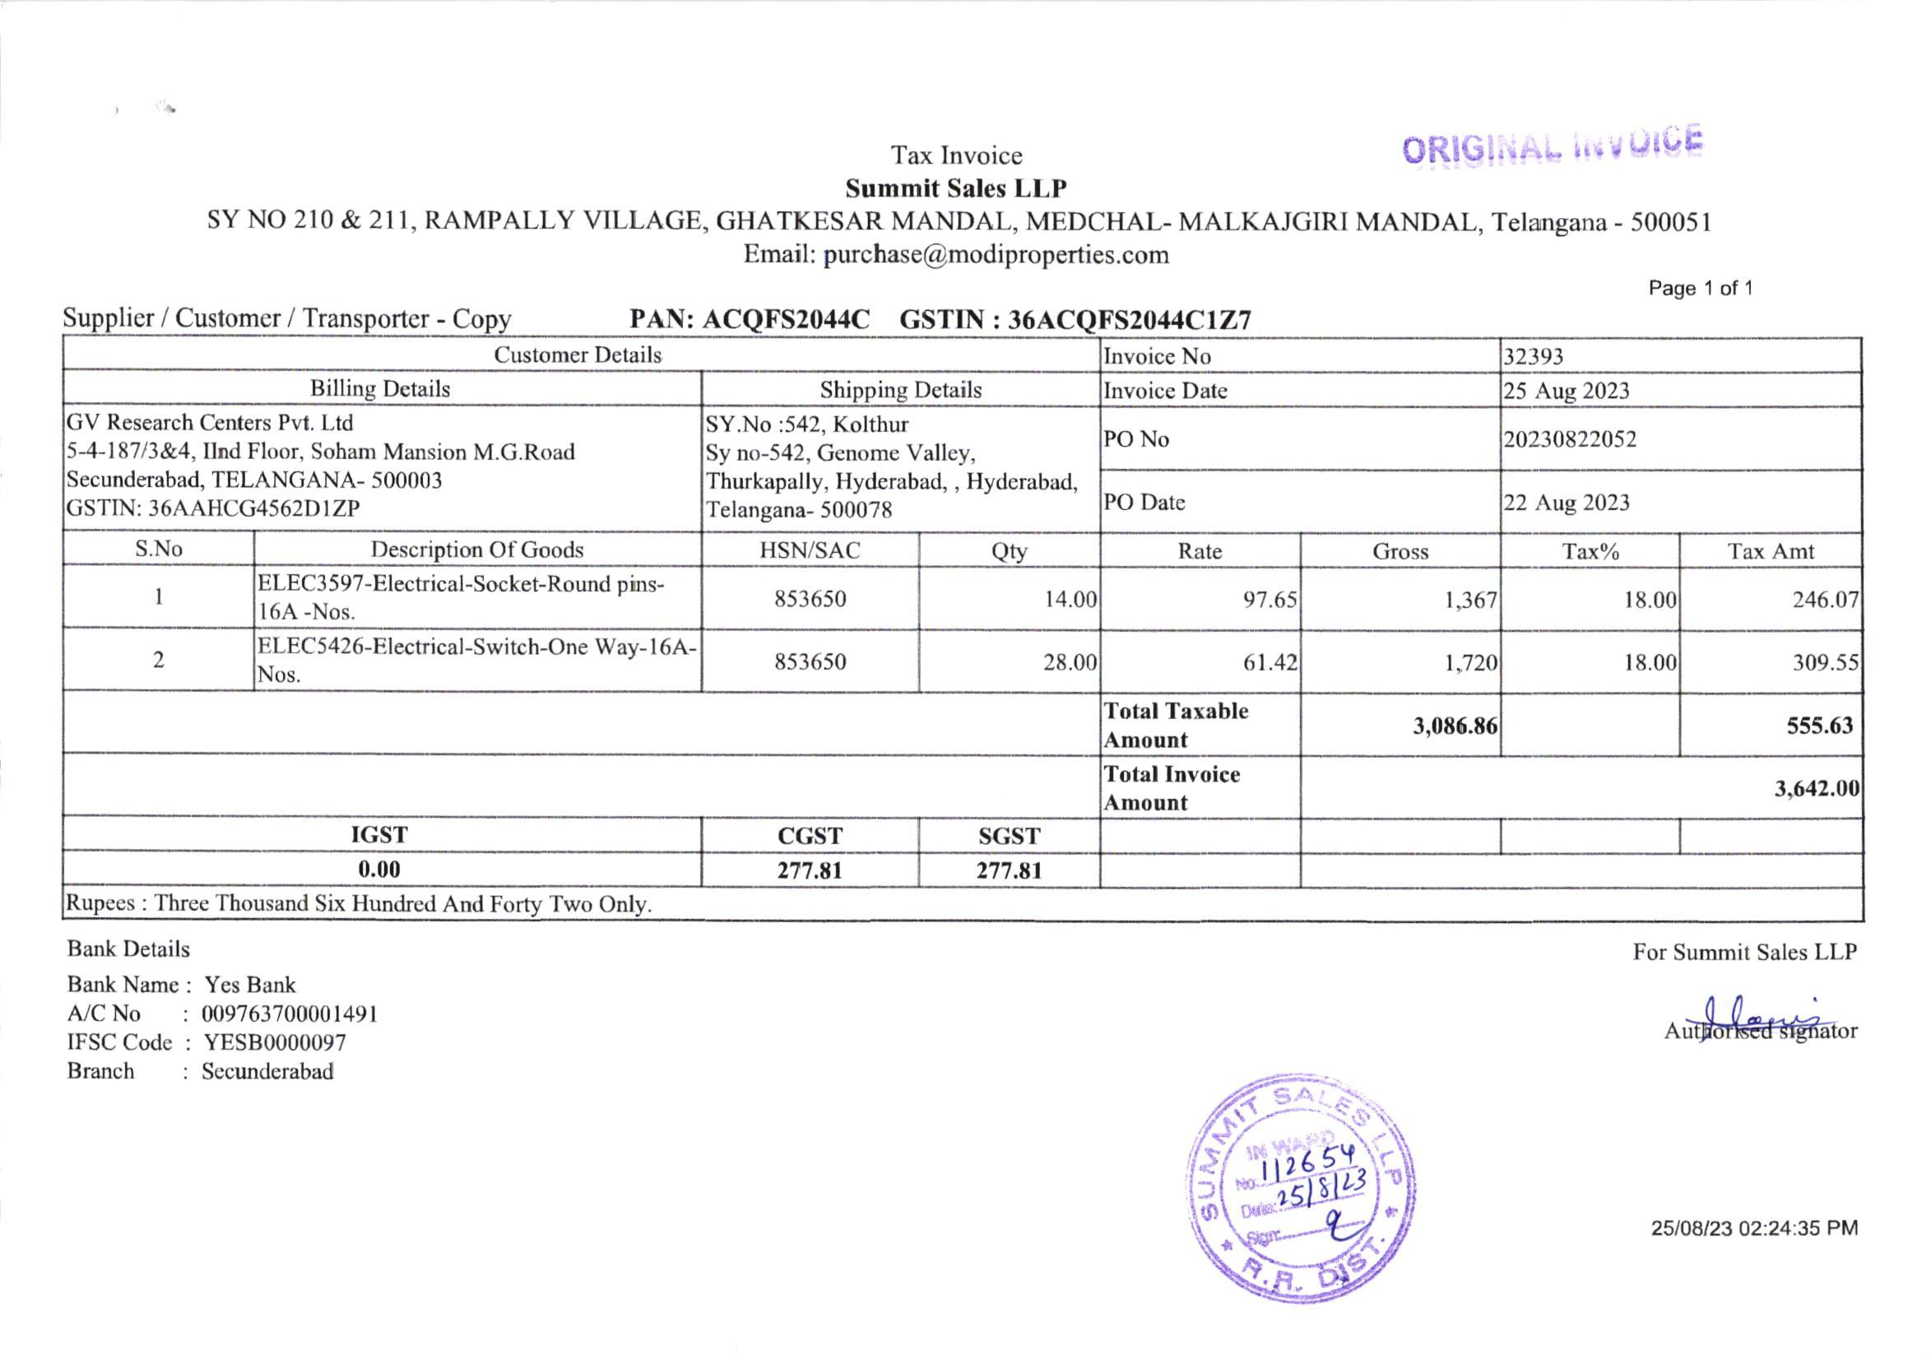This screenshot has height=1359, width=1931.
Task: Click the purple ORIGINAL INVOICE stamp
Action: [1552, 146]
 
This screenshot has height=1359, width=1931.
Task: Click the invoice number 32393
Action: [1533, 356]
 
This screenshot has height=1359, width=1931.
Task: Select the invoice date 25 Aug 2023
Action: [1566, 391]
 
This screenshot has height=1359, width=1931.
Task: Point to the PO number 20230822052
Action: [1569, 440]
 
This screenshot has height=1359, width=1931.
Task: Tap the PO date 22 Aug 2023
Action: [1566, 503]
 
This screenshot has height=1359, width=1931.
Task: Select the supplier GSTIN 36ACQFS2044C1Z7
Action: [1129, 320]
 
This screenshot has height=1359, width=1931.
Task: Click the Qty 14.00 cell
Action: [1070, 600]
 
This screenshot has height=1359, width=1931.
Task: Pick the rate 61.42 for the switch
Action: [1270, 663]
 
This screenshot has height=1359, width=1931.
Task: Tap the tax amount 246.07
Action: [1824, 600]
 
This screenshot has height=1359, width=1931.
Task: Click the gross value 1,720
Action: [1471, 663]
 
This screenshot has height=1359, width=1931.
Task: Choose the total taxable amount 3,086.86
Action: [1454, 726]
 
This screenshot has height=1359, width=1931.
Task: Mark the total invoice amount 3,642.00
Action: [1817, 789]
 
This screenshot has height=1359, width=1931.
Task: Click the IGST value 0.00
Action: [379, 870]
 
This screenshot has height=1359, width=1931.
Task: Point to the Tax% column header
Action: [1590, 552]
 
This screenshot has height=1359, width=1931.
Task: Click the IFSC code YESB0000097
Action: [274, 1043]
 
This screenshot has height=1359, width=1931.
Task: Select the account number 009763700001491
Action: [290, 1014]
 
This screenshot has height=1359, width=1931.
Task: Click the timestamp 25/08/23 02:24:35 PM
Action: [1753, 1229]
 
